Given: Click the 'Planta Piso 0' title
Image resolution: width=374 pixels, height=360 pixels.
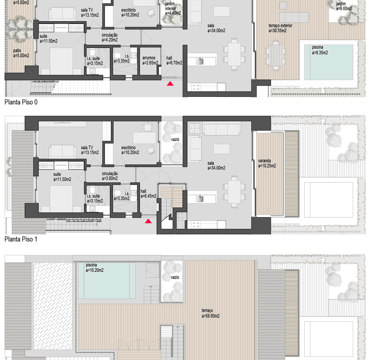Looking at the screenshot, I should tap(21, 102).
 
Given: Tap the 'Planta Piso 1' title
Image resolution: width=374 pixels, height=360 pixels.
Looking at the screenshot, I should tap(21, 239).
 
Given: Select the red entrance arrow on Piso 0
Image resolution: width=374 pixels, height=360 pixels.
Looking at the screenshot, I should tap(170, 84).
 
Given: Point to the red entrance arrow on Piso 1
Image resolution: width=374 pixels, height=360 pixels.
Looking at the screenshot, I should tap(149, 221).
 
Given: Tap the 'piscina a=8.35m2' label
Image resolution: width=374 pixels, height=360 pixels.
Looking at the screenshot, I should tap(320, 50).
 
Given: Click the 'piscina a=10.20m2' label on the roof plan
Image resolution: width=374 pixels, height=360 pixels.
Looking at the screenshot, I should tap(94, 267).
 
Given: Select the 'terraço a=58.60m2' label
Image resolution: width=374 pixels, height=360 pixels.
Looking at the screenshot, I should tap(210, 313).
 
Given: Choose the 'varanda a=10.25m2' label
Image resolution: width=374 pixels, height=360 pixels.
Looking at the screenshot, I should tap(267, 163).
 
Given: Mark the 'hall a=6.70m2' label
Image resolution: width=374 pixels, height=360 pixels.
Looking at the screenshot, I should tap(174, 60).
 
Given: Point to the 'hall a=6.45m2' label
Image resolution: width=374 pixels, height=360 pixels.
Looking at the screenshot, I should tap(148, 193).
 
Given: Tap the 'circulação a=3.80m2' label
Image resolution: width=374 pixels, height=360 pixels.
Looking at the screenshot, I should tap(110, 176).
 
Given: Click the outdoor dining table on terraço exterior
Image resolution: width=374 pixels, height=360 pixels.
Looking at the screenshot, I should tap(276, 54).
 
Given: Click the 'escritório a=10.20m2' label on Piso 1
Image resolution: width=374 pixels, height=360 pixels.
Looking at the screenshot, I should tap(130, 150).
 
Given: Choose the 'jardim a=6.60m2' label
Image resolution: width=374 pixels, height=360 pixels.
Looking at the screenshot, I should tap(344, 6).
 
